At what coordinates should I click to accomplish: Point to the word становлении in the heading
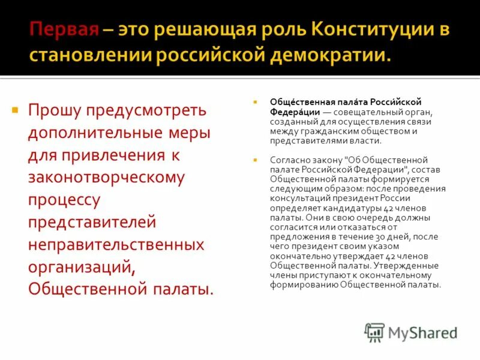pos(91,56)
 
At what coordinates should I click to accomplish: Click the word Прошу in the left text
pos(55,111)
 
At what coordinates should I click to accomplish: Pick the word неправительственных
pos(116,245)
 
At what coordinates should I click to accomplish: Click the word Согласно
pos(289,160)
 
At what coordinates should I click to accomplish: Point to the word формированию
pos(304,285)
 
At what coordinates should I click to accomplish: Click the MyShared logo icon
pos(375,332)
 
